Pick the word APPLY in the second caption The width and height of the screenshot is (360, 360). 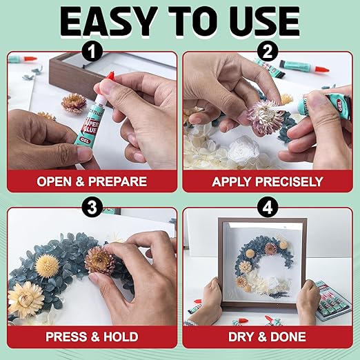231,182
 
